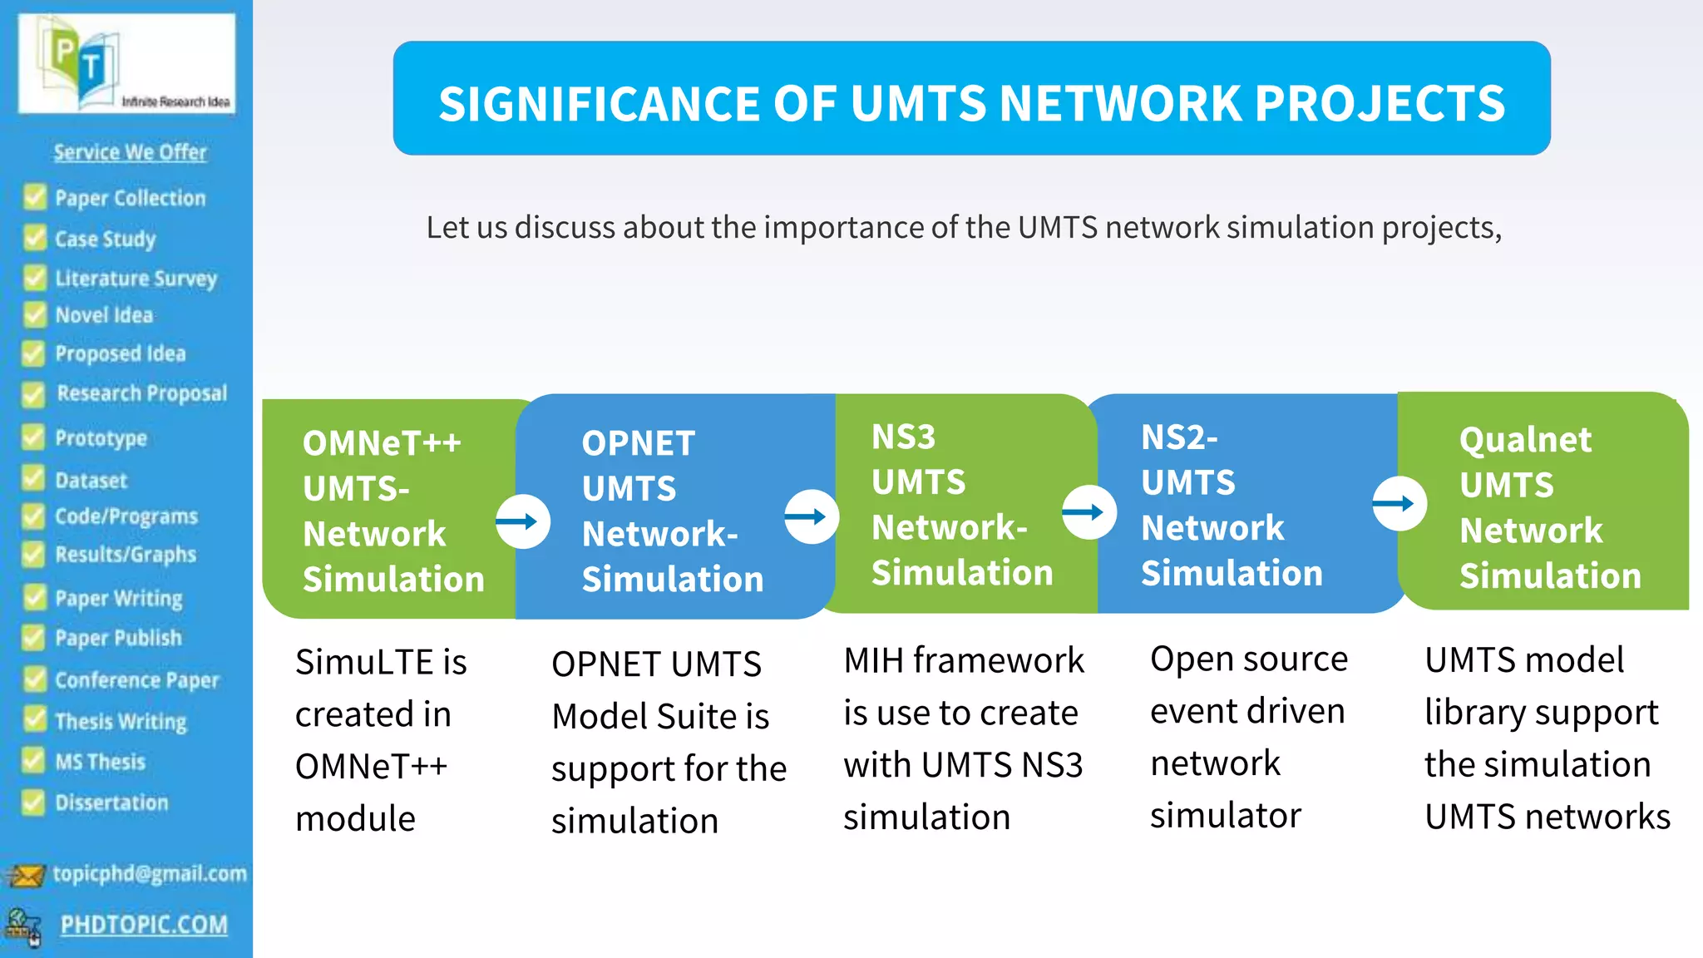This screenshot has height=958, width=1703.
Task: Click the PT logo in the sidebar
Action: pyautogui.click(x=126, y=64)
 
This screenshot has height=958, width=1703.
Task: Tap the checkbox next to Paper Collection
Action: pyautogui.click(x=35, y=198)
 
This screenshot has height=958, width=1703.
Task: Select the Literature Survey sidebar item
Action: pyautogui.click(x=136, y=279)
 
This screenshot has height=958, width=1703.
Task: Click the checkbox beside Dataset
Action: pyautogui.click(x=33, y=480)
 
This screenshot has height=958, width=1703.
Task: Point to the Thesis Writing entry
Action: pyautogui.click(x=121, y=721)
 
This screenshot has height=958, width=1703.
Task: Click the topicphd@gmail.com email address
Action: pyautogui.click(x=150, y=873)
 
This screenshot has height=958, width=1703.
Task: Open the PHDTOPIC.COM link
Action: pyautogui.click(x=144, y=925)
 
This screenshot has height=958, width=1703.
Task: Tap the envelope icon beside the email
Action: pyautogui.click(x=26, y=875)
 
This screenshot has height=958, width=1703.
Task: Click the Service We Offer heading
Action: pyautogui.click(x=131, y=152)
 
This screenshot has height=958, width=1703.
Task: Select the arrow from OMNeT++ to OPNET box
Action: pyautogui.click(x=522, y=521)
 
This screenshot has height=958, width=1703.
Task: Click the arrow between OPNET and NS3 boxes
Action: pyautogui.click(x=811, y=516)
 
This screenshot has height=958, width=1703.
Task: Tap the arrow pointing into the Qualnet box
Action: pyautogui.click(x=1399, y=503)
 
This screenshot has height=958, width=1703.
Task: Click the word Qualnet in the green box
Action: pyautogui.click(x=1525, y=440)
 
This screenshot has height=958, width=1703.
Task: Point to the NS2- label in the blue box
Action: pyautogui.click(x=1179, y=437)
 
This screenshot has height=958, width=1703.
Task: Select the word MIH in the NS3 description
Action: pyautogui.click(x=873, y=660)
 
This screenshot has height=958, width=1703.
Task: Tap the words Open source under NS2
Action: pyautogui.click(x=1248, y=659)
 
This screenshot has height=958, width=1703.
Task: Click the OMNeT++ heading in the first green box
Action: pyautogui.click(x=382, y=443)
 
